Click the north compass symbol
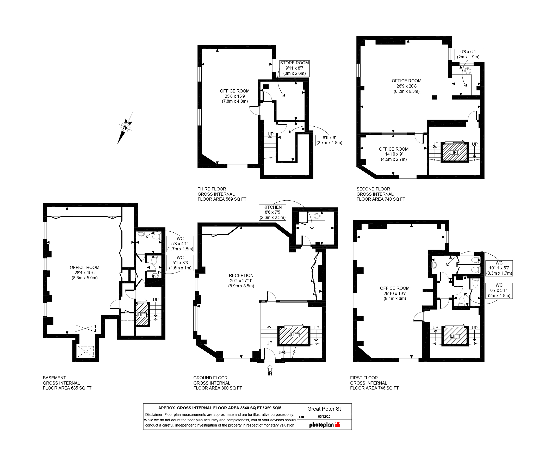point(125,128)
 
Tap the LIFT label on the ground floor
point(295,335)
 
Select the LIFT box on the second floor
point(455,152)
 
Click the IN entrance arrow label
point(270,374)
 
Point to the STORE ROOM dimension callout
point(294,68)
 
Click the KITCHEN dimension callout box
point(272,212)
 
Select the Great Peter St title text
point(324,409)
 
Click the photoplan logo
point(325,425)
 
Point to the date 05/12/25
point(324,417)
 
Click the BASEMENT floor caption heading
point(54,378)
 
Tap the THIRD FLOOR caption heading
point(212,189)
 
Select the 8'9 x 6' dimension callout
point(329,140)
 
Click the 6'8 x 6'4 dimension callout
point(468,54)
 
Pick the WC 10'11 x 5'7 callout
point(499,268)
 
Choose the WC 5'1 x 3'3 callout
point(180,263)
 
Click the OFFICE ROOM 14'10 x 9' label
point(394,154)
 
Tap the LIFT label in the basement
point(142,315)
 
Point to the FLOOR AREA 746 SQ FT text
point(374,388)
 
